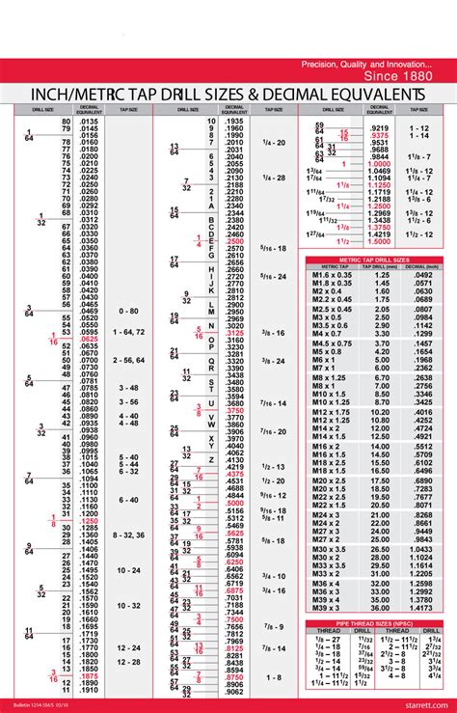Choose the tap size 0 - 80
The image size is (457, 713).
click(x=129, y=312)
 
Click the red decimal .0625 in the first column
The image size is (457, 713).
click(x=89, y=340)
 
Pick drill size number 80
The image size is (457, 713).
click(x=67, y=121)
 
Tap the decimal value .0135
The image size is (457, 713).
click(x=89, y=121)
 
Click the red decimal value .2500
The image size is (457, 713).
click(x=234, y=240)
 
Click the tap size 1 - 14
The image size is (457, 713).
click(x=418, y=136)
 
